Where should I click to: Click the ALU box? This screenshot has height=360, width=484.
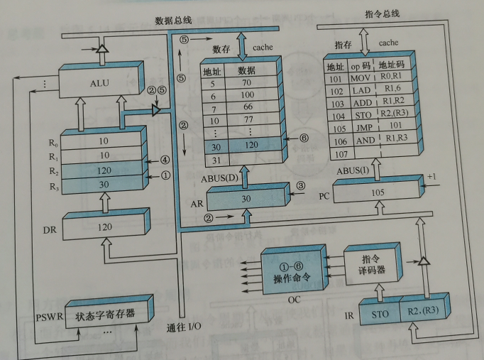[x=100, y=84]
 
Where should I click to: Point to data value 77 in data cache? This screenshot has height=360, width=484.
[x=246, y=120]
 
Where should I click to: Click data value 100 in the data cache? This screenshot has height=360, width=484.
[x=247, y=95]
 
